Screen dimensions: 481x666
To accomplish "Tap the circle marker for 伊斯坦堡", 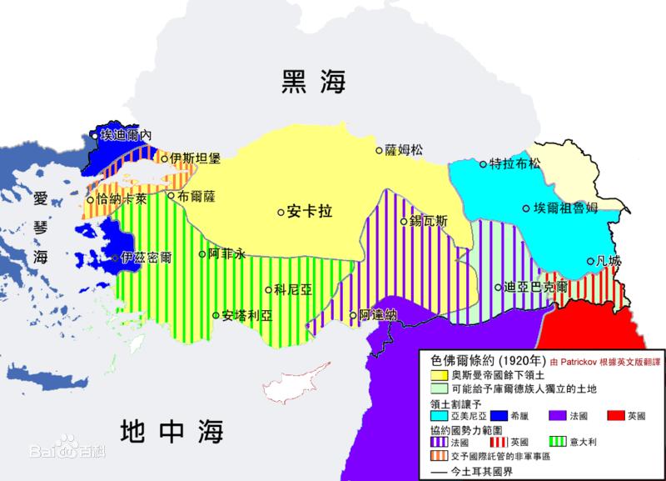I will [x=165, y=158].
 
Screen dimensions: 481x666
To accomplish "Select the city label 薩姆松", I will [x=404, y=151].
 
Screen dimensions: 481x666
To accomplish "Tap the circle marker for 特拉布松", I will [x=483, y=163].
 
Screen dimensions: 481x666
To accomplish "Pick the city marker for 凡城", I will [x=590, y=261].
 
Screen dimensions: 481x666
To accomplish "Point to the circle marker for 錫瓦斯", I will [x=403, y=222].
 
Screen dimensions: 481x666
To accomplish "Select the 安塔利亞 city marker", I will [x=216, y=316].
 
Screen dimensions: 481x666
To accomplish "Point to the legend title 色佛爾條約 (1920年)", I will [x=485, y=363].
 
